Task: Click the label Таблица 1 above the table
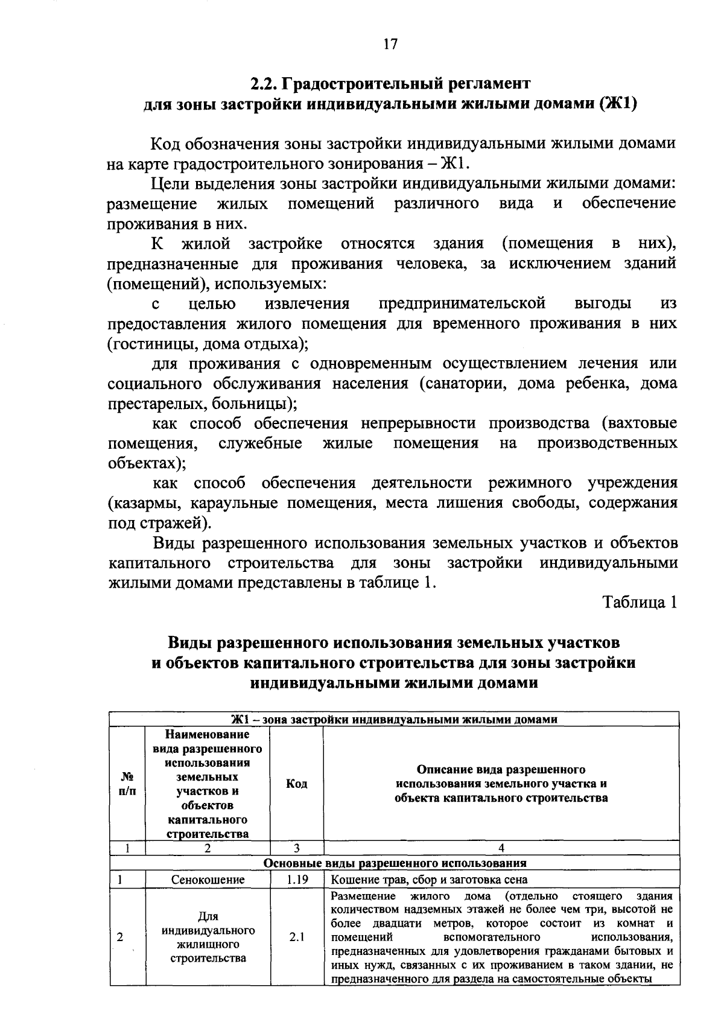pos(641,601)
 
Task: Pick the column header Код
pos(296,784)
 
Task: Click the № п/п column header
pos(127,784)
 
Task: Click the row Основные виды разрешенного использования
pos(395,863)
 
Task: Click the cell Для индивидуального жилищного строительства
pos(208,937)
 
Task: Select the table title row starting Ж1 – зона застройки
pos(395,719)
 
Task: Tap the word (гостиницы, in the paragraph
pos(143,344)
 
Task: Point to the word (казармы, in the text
pos(139,503)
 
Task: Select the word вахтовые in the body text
pos(641,423)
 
